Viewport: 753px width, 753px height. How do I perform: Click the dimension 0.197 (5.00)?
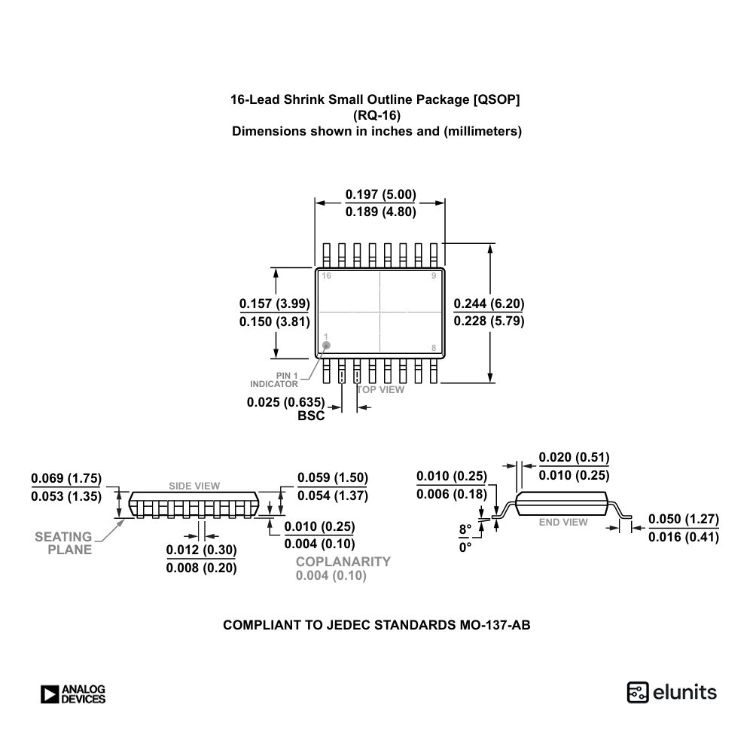click(x=380, y=194)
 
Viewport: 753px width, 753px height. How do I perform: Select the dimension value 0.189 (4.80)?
click(x=380, y=212)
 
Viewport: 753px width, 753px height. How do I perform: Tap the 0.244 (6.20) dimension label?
click(x=489, y=303)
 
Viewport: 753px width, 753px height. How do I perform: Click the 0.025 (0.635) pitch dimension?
click(x=285, y=402)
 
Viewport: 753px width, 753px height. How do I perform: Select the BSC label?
click(x=311, y=416)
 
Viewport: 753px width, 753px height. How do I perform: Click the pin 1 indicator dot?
click(x=326, y=346)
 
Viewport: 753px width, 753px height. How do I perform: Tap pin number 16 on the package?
click(x=326, y=276)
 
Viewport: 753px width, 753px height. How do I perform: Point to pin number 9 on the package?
click(x=433, y=276)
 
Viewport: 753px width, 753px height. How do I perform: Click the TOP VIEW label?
click(x=380, y=389)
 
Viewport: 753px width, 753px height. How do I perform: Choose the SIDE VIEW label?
click(x=194, y=486)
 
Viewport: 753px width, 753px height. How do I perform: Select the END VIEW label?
click(x=563, y=522)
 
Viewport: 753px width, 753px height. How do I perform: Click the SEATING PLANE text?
click(x=65, y=543)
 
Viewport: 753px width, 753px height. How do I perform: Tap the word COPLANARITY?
click(x=343, y=561)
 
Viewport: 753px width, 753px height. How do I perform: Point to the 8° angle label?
click(x=465, y=529)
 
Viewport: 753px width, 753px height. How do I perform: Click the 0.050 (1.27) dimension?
click(x=684, y=519)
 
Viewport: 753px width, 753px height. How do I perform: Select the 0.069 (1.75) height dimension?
click(x=66, y=478)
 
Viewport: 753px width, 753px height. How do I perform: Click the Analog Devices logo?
click(x=73, y=694)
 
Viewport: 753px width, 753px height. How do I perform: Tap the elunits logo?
click(x=672, y=692)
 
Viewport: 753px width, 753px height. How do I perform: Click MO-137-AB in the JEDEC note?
click(x=495, y=625)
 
